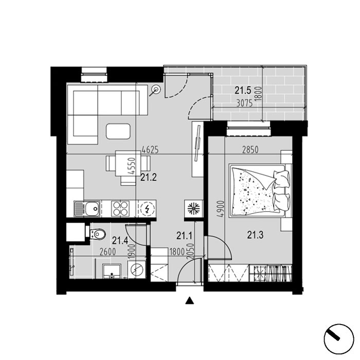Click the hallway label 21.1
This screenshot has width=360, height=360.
tap(184, 236)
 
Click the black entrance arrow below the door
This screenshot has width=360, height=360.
tap(190, 301)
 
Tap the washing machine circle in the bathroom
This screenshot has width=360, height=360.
tap(137, 268)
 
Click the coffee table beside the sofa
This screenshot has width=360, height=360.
tap(119, 131)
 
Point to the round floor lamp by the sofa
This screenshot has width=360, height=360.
tap(156, 91)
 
